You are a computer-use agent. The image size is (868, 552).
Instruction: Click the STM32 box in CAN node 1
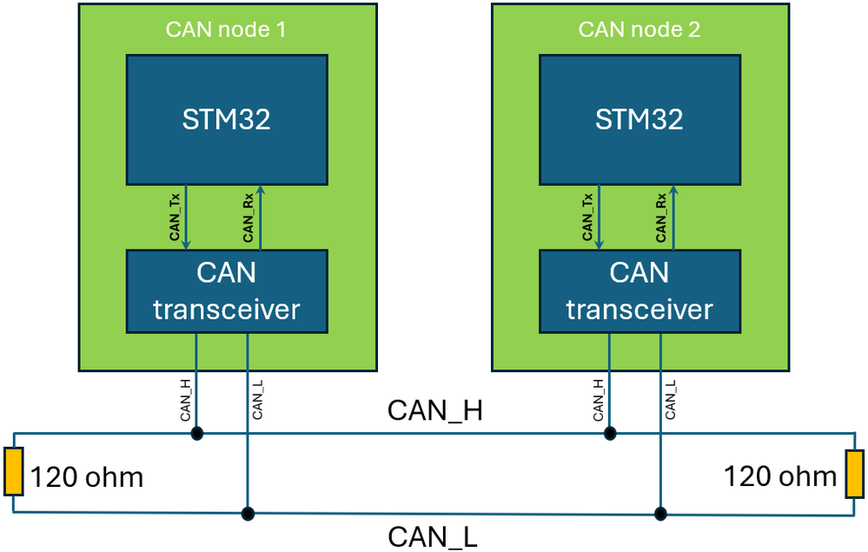pyautogui.click(x=227, y=119)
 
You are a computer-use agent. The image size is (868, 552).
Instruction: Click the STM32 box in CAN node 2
pyautogui.click(x=639, y=119)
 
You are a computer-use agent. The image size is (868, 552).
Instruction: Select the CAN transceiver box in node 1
pyautogui.click(x=227, y=291)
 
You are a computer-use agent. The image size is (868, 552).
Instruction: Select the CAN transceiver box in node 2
pyautogui.click(x=639, y=291)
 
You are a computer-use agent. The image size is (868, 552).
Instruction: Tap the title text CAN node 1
pyautogui.click(x=226, y=30)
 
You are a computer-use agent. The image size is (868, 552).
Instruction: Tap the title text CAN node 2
pyautogui.click(x=639, y=30)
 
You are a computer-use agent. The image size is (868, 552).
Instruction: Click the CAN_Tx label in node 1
pyautogui.click(x=175, y=217)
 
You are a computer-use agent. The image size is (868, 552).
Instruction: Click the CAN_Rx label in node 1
pyautogui.click(x=248, y=217)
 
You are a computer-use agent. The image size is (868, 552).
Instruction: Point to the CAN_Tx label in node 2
pyautogui.click(x=588, y=217)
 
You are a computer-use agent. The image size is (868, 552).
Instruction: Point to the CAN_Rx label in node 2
pyautogui.click(x=661, y=217)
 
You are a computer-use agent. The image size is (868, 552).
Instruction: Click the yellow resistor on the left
pyautogui.click(x=13, y=472)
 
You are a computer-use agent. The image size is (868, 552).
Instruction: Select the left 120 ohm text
pyautogui.click(x=87, y=477)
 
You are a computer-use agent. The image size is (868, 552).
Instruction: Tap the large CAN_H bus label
pyautogui.click(x=434, y=410)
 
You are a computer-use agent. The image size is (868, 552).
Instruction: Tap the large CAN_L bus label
pyautogui.click(x=432, y=536)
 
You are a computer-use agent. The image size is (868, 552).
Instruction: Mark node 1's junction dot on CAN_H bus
pyautogui.click(x=196, y=433)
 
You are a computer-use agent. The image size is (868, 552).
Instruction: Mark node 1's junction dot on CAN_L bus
pyautogui.click(x=248, y=513)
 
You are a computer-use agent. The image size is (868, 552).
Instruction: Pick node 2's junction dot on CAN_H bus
pyautogui.click(x=609, y=433)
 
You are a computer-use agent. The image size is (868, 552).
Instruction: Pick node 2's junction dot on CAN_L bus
pyautogui.click(x=660, y=513)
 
